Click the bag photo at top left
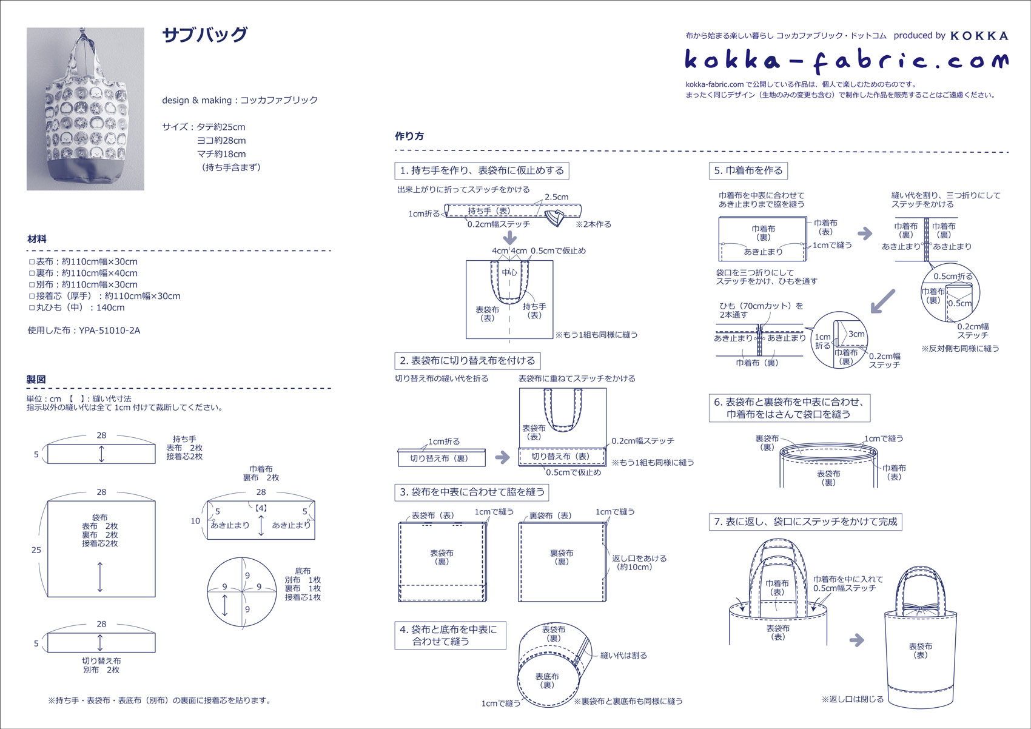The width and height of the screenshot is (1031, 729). coord(86,109)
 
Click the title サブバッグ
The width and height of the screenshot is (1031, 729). coord(205,35)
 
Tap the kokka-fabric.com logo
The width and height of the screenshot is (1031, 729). coord(847,60)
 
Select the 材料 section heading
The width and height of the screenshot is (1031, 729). coord(37,239)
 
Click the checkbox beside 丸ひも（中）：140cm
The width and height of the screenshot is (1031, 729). coord(32,308)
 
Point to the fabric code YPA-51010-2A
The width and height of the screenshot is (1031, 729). coord(109,331)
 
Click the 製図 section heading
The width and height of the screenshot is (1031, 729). coord(36,380)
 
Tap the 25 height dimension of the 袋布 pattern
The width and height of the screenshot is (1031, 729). coord(36,549)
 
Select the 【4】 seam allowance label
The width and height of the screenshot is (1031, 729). coord(261,508)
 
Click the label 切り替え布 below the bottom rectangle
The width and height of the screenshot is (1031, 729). coord(101,661)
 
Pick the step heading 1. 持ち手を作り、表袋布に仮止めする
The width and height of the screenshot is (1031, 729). coord(482,171)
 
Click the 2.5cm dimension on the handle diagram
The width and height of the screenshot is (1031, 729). coord(556,197)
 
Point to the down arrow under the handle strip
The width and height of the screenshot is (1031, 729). coord(510,237)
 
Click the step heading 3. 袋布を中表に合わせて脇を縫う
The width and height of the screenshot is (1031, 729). coord(472,492)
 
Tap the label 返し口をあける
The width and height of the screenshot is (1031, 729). coord(639,558)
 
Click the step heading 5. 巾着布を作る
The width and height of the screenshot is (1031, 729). coord(748,171)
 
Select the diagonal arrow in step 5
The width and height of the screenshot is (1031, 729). coord(882,301)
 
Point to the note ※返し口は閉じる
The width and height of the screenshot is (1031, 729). coord(852,699)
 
